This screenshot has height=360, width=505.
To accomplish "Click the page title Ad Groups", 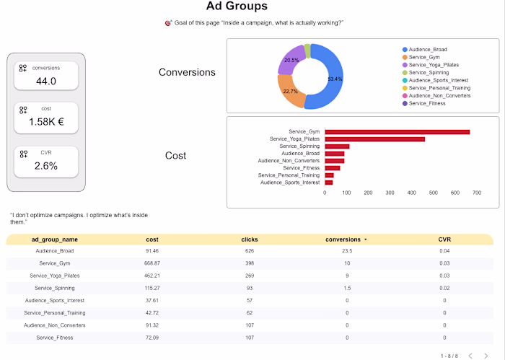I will (237, 6).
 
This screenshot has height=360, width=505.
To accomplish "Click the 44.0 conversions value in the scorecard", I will (46, 81).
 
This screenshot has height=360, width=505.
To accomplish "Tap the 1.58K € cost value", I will (46, 122).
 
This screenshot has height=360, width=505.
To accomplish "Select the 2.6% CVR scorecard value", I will (46, 165).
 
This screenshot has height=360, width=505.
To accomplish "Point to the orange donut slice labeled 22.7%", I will (288, 93).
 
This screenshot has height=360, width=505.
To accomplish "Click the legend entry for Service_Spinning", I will (428, 72).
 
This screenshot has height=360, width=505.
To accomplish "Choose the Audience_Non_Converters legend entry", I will (439, 95).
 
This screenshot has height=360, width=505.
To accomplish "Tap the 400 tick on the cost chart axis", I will (412, 193).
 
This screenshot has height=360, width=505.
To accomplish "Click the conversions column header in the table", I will (344, 239).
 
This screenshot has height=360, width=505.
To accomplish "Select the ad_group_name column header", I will (55, 239).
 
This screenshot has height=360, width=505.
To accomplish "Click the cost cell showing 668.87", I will (151, 263).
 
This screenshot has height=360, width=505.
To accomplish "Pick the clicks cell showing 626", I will (250, 251).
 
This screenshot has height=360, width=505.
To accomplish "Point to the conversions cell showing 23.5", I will (346, 251).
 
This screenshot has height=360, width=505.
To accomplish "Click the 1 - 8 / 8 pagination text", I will (449, 355).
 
